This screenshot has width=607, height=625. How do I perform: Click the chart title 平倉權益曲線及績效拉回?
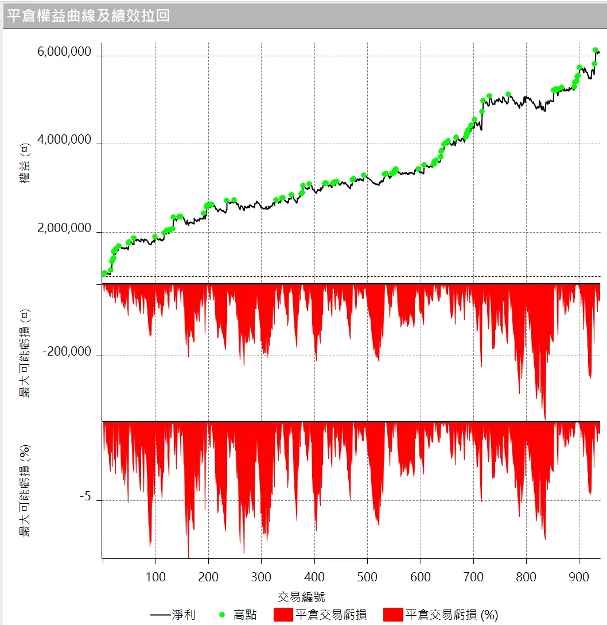[x=88, y=15]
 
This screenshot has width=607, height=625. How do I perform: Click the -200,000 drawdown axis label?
[x=67, y=352]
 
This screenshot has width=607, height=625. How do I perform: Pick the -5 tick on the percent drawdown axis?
[x=85, y=497]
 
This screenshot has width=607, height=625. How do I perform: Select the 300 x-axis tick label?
[x=261, y=576]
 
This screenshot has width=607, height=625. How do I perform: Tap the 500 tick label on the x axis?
[x=367, y=576]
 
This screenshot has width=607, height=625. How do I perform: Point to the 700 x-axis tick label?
[x=473, y=576]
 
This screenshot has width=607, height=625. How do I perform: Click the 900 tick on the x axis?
[x=579, y=576]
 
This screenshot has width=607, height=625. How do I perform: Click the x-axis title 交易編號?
[x=301, y=596]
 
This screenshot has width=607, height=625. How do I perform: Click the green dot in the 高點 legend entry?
[x=223, y=615]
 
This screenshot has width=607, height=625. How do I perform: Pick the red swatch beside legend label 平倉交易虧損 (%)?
[x=393, y=615]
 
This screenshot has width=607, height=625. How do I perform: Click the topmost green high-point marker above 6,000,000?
[x=596, y=51]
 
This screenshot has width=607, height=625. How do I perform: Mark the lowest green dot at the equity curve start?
[x=104, y=273]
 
